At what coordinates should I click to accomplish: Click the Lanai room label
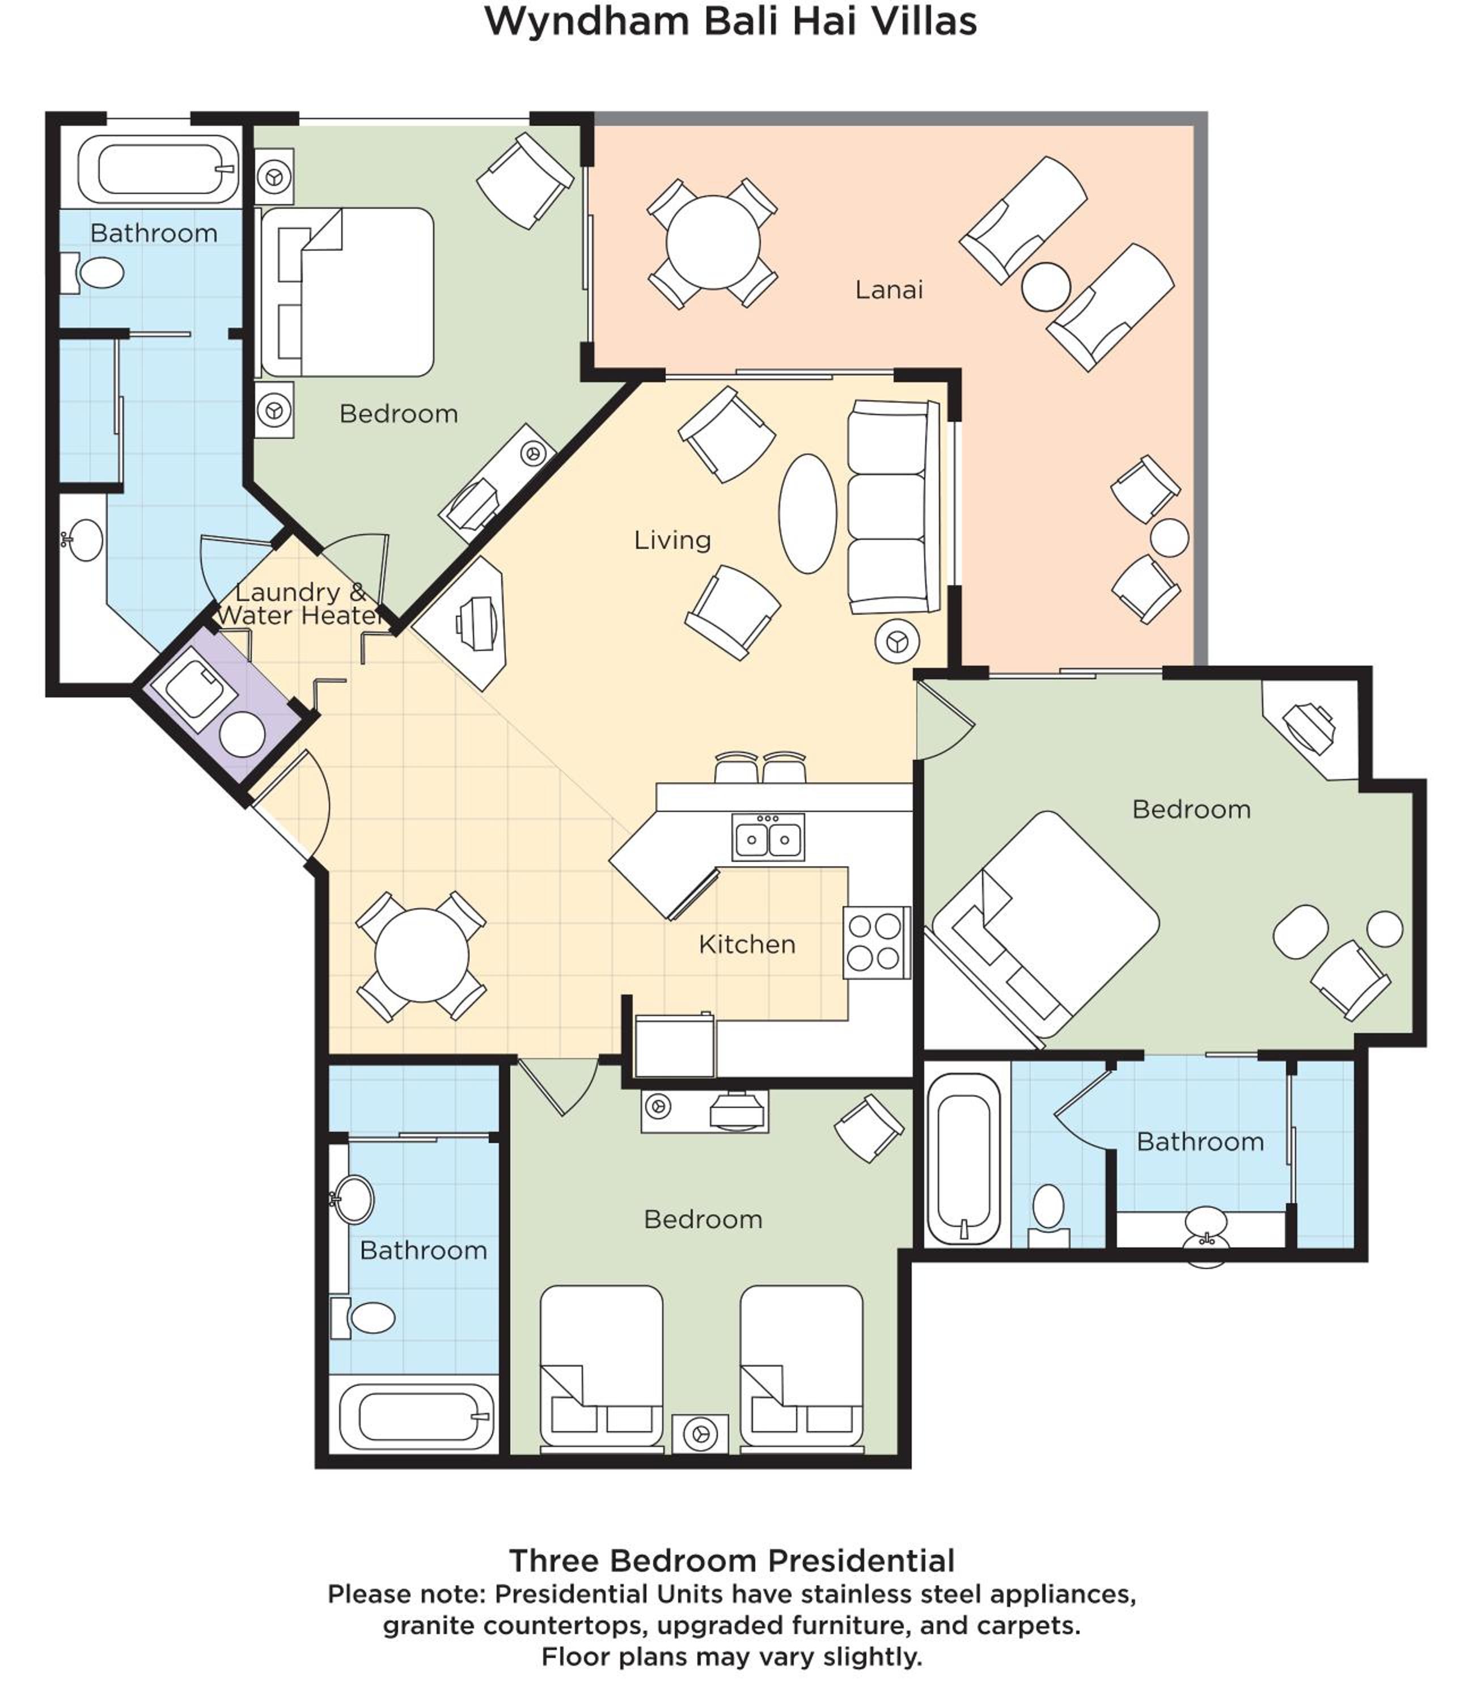click(x=888, y=290)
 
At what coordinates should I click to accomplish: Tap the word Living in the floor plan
click(x=672, y=540)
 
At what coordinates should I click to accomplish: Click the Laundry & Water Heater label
click(x=300, y=603)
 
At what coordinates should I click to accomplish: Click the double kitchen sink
click(x=768, y=837)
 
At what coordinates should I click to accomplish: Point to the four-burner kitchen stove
click(x=875, y=942)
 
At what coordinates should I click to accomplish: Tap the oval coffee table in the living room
click(x=807, y=514)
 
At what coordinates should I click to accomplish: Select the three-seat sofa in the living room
click(x=894, y=506)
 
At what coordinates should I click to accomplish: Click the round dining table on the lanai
click(x=713, y=243)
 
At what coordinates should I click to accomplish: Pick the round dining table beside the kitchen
click(x=421, y=955)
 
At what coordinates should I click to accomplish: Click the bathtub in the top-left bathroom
click(x=158, y=169)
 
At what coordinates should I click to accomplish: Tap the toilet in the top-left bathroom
click(x=92, y=273)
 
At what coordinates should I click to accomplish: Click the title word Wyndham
click(x=586, y=22)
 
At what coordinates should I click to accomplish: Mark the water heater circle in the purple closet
click(x=242, y=734)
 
